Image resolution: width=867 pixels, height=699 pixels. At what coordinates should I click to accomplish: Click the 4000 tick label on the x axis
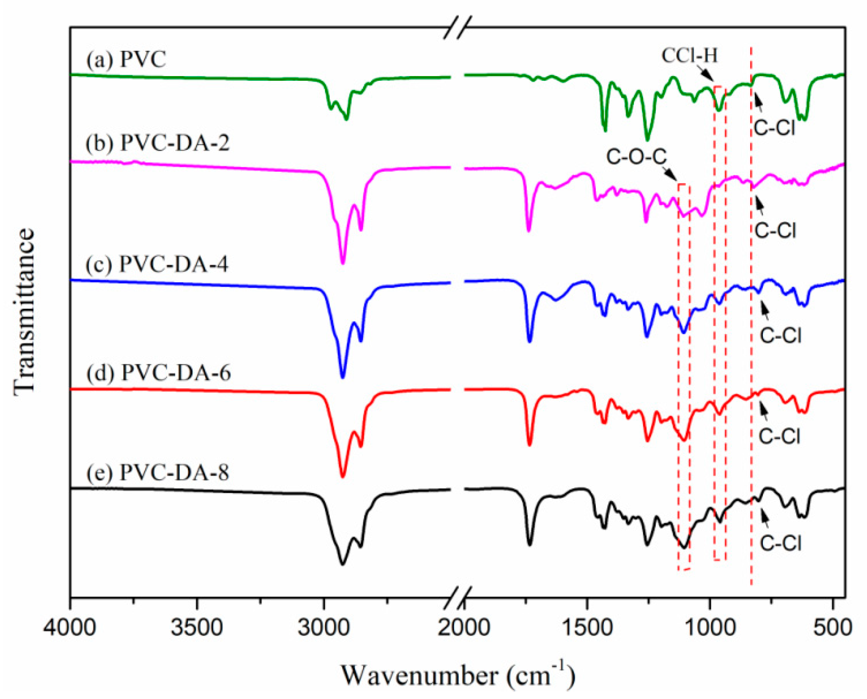click(x=69, y=628)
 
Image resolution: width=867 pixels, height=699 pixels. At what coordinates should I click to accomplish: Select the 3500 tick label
click(x=197, y=628)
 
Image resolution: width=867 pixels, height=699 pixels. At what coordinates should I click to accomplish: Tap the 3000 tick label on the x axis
click(x=323, y=628)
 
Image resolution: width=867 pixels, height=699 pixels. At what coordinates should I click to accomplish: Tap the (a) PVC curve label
click(x=126, y=59)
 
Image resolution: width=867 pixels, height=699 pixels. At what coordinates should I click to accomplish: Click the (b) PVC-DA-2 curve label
click(x=158, y=143)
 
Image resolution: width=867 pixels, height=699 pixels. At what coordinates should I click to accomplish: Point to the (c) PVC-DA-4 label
click(x=157, y=264)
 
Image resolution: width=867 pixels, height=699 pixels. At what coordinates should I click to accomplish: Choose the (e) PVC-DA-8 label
click(x=158, y=472)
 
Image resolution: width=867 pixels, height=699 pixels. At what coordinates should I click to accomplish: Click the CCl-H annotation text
click(x=690, y=55)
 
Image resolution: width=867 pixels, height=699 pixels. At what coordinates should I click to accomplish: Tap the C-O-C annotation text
click(x=636, y=157)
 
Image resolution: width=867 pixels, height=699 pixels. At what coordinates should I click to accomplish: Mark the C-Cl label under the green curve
click(x=774, y=127)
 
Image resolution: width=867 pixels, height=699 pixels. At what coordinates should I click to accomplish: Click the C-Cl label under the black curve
click(x=780, y=543)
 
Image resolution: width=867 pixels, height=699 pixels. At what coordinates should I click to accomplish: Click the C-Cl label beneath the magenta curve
click(x=775, y=230)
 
